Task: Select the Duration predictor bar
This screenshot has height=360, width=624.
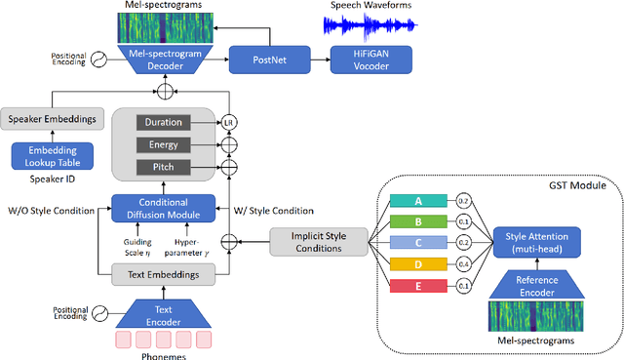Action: (163, 123)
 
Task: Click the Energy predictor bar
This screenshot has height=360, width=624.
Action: (163, 145)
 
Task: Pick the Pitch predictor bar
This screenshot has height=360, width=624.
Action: (163, 169)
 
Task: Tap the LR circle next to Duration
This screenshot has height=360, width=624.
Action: (230, 123)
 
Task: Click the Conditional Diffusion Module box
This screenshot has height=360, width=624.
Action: (164, 208)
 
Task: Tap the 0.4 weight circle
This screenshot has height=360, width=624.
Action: (464, 263)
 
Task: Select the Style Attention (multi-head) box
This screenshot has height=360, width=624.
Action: (535, 241)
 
